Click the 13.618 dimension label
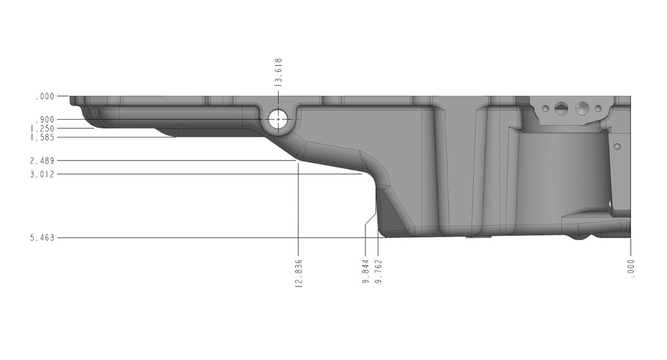coord(278,72)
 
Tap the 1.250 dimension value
coord(43,129)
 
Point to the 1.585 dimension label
coord(43,137)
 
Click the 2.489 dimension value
coord(43,161)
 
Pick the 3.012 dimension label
coord(43,174)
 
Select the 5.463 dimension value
coord(43,238)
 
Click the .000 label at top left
coord(45,97)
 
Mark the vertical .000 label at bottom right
coord(631,269)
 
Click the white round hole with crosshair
coord(278,119)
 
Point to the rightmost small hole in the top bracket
coord(598,108)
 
